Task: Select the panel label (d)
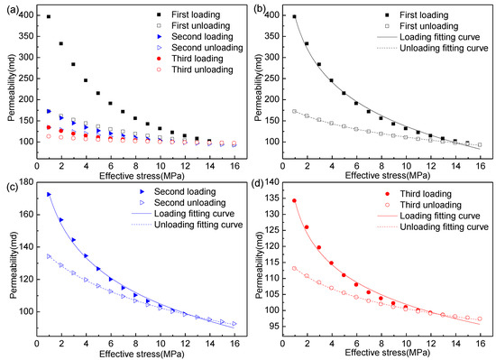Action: coord(259,188)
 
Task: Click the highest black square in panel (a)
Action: coord(49,17)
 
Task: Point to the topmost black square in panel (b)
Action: coord(294,16)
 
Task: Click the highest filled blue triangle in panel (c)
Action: coord(49,194)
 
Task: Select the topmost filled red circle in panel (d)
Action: coord(294,200)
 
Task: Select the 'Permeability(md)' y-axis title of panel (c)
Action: coord(7,257)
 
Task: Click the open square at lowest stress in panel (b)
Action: coord(294,111)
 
